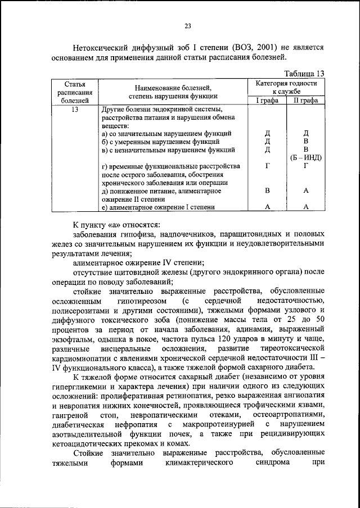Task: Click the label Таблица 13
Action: (304, 73)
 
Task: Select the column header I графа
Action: (267, 100)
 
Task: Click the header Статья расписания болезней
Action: (75, 92)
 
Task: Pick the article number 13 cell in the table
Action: (75, 110)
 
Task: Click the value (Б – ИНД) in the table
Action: (305, 157)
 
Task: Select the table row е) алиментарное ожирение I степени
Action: (158, 207)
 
